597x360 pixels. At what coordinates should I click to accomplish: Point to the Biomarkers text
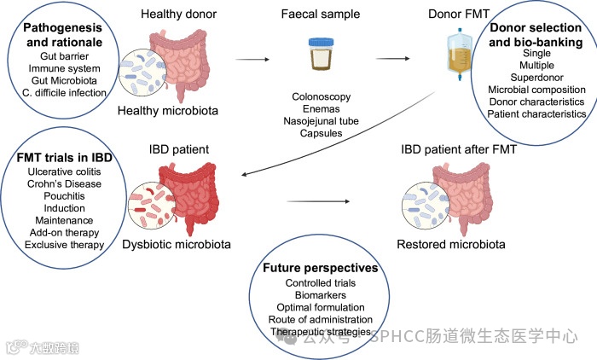[320, 294]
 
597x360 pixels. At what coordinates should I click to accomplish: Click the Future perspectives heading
[321, 267]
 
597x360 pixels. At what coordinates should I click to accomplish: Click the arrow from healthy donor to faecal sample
[248, 61]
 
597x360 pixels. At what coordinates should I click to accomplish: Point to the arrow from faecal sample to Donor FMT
[391, 61]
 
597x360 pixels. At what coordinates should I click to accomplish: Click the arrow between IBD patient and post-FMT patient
[320, 201]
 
